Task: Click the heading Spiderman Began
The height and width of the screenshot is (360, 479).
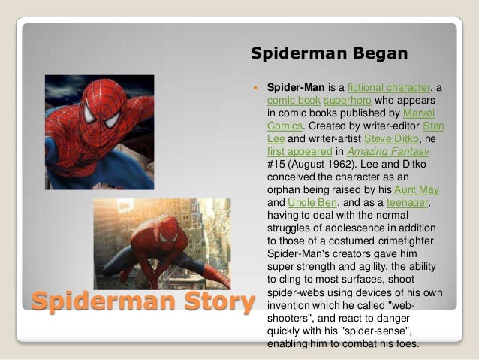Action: click(329, 53)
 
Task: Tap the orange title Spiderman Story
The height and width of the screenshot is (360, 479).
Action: click(143, 301)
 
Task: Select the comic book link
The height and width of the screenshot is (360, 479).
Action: click(294, 100)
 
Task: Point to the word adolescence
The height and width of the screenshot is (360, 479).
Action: click(357, 228)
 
